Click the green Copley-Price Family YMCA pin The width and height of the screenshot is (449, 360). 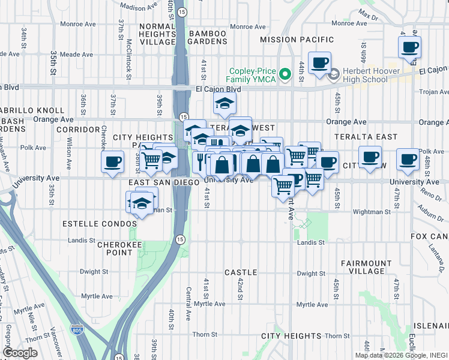click(x=286, y=75)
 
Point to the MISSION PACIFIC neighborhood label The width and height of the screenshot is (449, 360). click(x=297, y=40)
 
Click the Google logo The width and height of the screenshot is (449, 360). click(x=20, y=353)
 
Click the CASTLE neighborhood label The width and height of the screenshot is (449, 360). click(x=241, y=272)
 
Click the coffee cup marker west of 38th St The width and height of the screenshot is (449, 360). click(x=112, y=162)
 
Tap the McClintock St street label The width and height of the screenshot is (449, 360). click(x=130, y=55)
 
